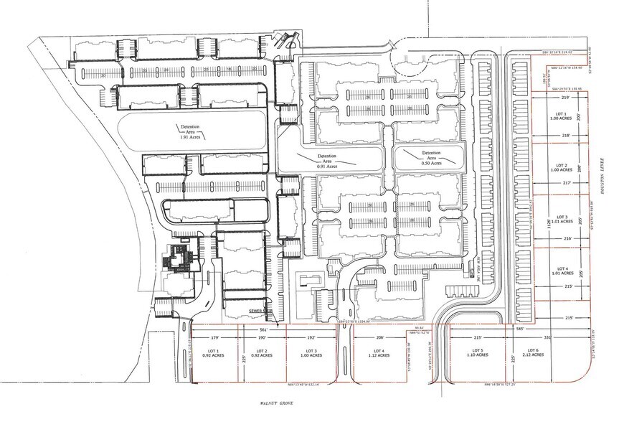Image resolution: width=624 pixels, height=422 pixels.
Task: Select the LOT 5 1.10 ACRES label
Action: [477, 352]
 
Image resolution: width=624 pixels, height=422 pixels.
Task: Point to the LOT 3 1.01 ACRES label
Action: [562, 220]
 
